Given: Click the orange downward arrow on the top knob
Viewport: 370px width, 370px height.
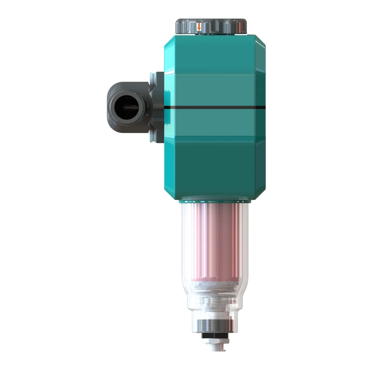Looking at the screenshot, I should pyautogui.click(x=199, y=27).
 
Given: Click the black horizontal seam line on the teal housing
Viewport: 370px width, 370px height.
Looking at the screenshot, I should pyautogui.click(x=215, y=107).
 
